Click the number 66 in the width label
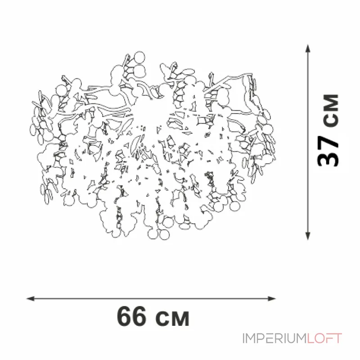point(131,317)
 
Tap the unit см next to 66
point(172,319)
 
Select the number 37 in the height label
point(328,150)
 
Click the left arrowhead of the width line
point(31,299)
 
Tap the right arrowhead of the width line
point(272,299)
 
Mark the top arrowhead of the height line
point(308,49)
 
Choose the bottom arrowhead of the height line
point(308,236)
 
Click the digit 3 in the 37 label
point(328,158)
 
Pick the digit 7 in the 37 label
point(328,141)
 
